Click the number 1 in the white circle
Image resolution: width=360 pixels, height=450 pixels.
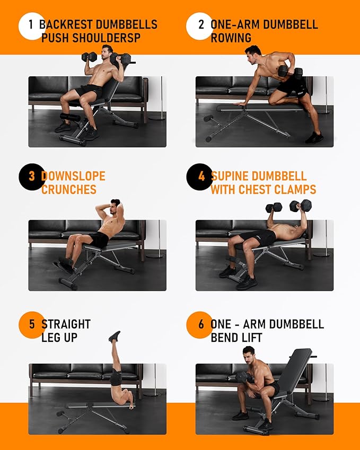tap(31, 25)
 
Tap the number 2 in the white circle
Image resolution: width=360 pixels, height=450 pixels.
tap(201, 25)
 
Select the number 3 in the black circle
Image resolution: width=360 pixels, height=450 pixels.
tap(31, 177)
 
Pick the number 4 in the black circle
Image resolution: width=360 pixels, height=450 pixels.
tap(201, 177)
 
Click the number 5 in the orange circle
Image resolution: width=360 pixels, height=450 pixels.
tap(31, 324)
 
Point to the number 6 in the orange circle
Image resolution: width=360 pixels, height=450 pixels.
tap(201, 324)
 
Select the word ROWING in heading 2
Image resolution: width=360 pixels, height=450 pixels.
tap(231, 38)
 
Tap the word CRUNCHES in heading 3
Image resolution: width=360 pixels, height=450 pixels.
tap(69, 190)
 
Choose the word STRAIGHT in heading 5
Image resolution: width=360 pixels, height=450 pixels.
tap(66, 324)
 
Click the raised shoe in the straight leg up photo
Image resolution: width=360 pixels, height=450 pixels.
tap(115, 336)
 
